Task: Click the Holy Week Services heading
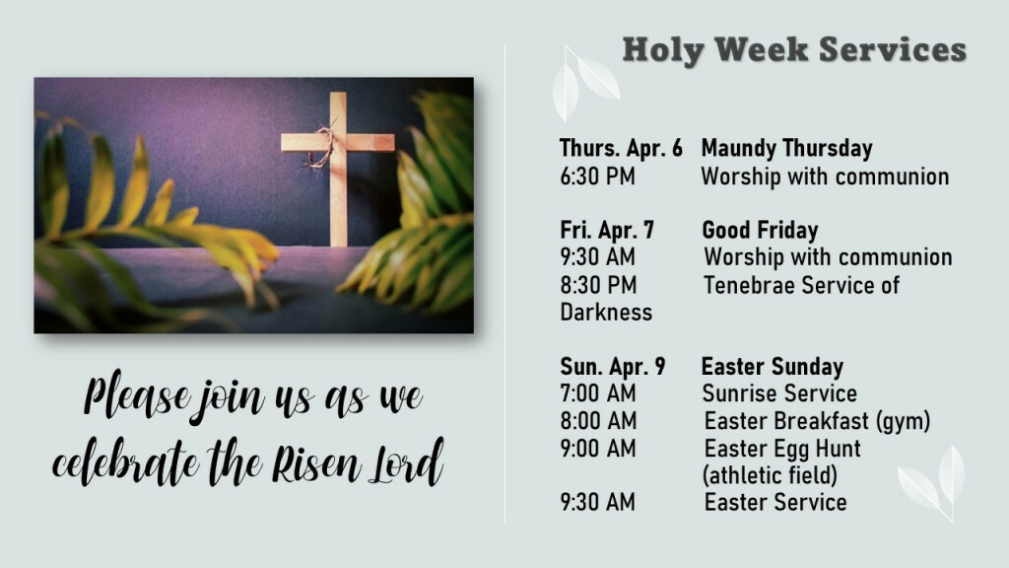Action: point(794,50)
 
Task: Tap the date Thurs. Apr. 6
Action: point(621,148)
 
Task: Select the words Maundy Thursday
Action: point(787,149)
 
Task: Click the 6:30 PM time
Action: point(597,177)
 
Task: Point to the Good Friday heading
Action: point(760,230)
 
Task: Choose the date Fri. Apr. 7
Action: point(607,230)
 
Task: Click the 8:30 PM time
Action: point(598,285)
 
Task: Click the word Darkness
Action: point(606,313)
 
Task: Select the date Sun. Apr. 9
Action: point(613,367)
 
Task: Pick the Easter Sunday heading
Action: point(773,367)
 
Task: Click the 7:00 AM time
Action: point(598,393)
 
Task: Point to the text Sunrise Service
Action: point(780,393)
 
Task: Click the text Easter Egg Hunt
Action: point(782,449)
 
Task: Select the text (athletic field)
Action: point(771,476)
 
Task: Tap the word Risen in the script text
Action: point(315,463)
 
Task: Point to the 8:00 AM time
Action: point(598,421)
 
